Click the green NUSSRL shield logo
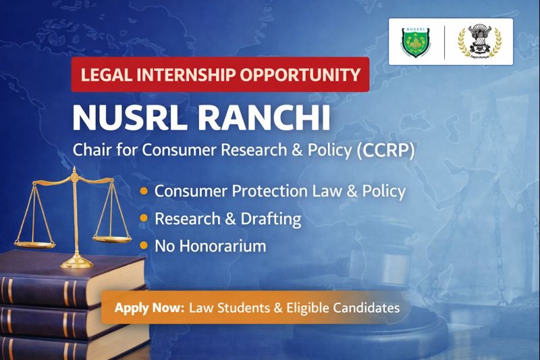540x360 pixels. pos(417,41)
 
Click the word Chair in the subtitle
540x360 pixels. pos(90,151)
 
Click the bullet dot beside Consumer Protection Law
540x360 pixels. pos(144,192)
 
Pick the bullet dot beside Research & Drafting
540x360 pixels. pos(144,220)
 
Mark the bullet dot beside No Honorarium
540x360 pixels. pos(144,247)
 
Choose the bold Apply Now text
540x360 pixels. pos(149,307)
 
